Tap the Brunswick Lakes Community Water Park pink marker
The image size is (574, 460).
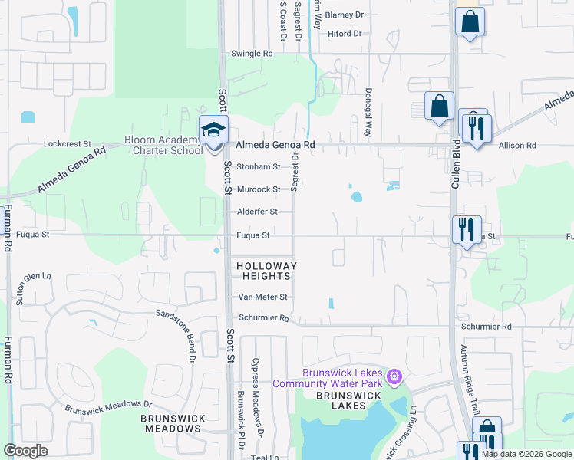(394, 376)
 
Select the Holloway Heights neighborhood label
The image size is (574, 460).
(266, 271)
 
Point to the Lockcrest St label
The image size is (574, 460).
(68, 143)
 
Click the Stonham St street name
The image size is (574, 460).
(258, 166)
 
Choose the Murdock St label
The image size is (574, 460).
(258, 189)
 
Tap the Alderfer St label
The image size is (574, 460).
(256, 212)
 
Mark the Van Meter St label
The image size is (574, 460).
(262, 297)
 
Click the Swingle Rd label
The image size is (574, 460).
(252, 54)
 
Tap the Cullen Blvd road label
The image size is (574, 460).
(455, 163)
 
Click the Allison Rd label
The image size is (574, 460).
(516, 145)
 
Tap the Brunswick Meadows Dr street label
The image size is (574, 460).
(108, 406)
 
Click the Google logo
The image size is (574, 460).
(26, 451)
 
